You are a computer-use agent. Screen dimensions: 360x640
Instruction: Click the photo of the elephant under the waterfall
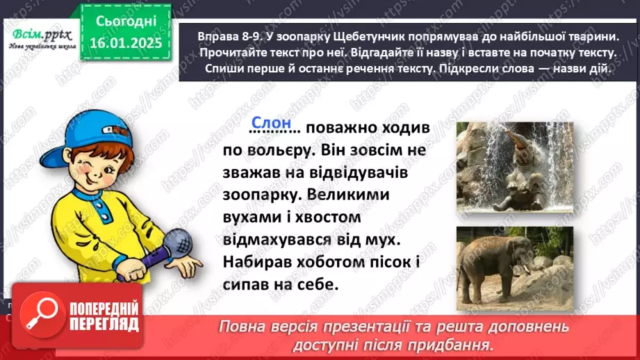[x=514, y=167]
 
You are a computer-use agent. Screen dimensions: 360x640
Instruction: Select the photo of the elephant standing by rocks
[x=514, y=259]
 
